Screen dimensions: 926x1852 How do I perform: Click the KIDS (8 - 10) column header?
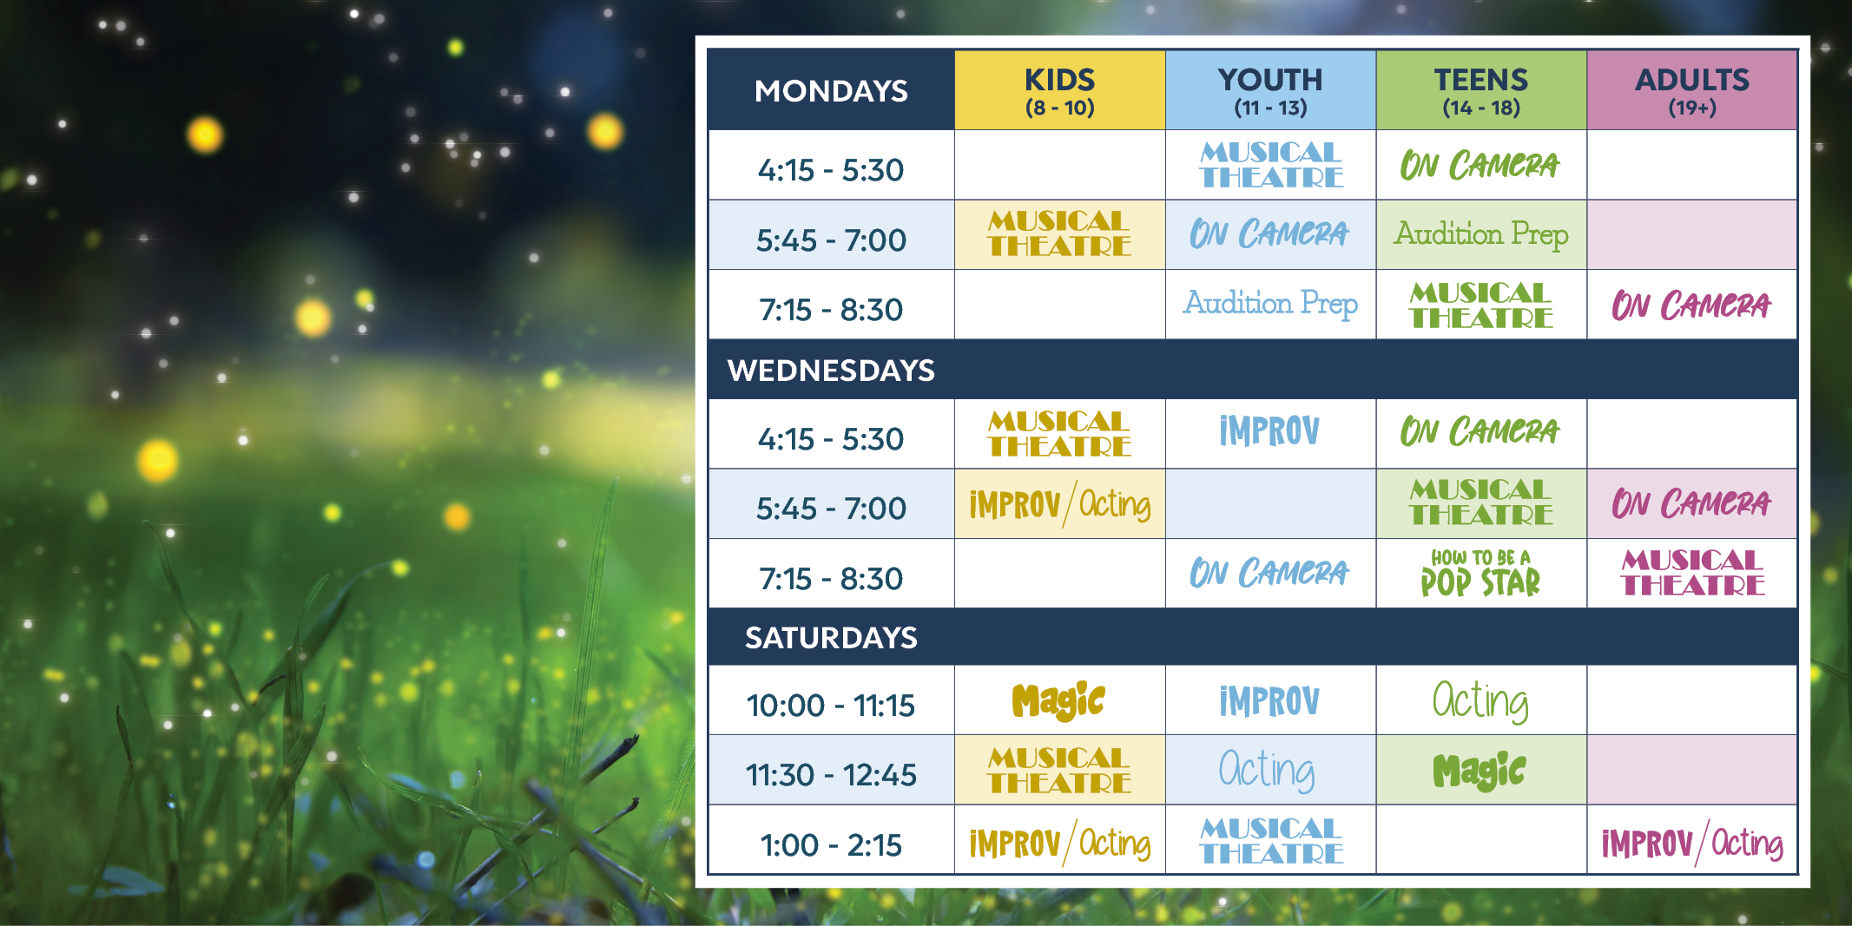(1059, 90)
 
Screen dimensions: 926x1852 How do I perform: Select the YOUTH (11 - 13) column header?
(1270, 90)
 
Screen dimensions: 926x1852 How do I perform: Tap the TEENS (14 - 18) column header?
(1481, 90)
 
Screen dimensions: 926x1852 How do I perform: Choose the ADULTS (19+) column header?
(1691, 90)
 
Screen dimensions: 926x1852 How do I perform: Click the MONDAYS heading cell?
(831, 90)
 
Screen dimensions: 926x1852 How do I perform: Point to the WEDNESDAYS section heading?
(831, 371)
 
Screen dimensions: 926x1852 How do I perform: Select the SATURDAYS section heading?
(831, 638)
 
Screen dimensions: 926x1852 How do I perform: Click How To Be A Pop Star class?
(1480, 574)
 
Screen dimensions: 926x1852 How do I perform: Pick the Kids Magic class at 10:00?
(1058, 701)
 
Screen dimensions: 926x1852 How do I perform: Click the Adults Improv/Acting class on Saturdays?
(1691, 843)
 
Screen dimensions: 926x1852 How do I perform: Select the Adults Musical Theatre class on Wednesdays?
(1692, 573)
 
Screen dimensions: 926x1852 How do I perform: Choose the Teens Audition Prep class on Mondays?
(1481, 234)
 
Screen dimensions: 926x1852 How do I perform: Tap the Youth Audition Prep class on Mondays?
(1270, 304)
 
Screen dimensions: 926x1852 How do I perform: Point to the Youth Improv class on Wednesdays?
(1269, 431)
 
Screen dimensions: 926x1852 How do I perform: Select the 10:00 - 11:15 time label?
(831, 705)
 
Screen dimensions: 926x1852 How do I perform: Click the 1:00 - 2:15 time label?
(831, 844)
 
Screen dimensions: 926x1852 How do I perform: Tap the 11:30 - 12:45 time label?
(831, 774)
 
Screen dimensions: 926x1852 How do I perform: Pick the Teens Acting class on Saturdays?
(1480, 701)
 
